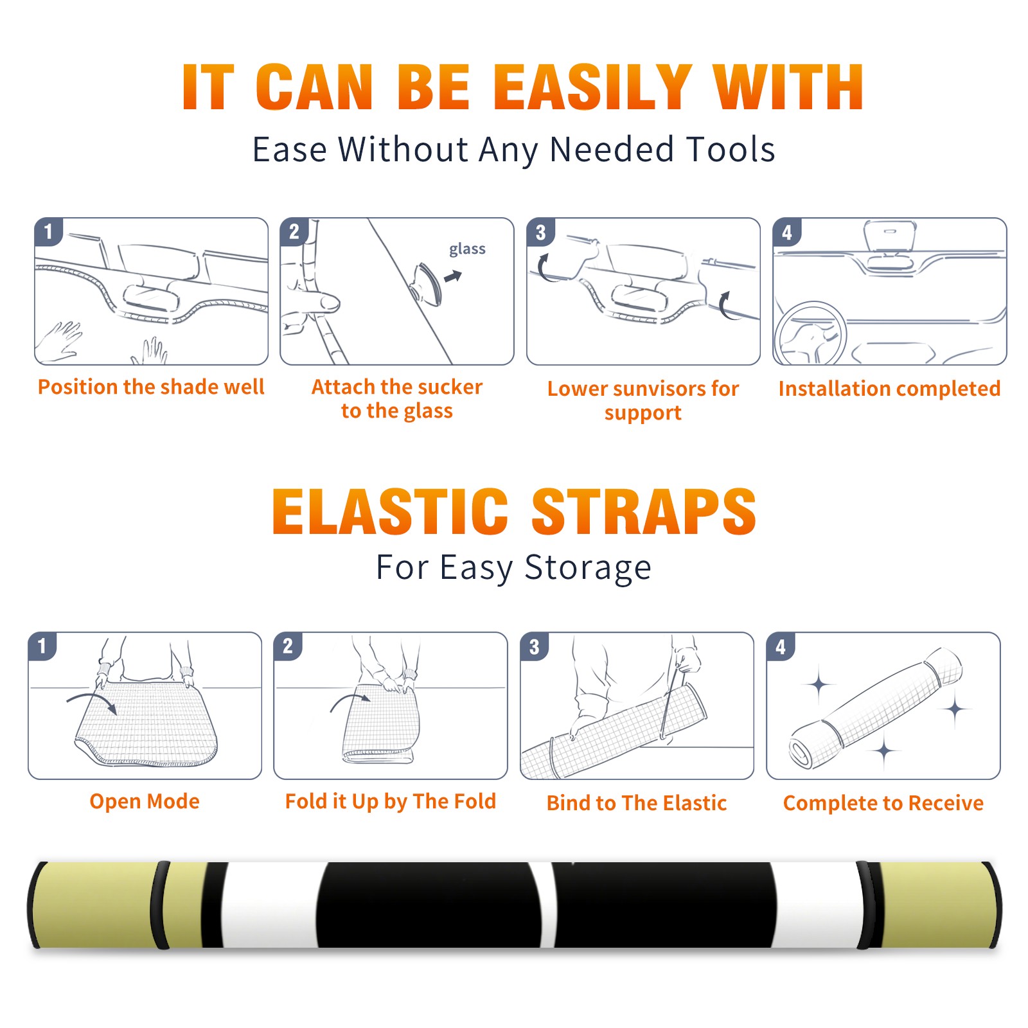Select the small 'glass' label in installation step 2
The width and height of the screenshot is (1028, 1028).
[467, 249]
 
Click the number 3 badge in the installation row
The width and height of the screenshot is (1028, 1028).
[541, 232]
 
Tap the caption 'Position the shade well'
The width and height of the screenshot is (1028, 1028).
[151, 387]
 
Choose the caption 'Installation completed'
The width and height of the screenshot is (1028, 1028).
[889, 389]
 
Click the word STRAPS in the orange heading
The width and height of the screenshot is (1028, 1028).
[644, 511]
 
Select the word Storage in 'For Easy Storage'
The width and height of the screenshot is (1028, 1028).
[588, 568]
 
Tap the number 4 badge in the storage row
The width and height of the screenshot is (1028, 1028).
[781, 646]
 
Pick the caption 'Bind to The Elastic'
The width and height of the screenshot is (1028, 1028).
[636, 803]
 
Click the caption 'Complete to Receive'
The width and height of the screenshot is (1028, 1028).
[883, 803]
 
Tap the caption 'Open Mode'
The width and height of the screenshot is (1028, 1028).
[145, 801]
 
